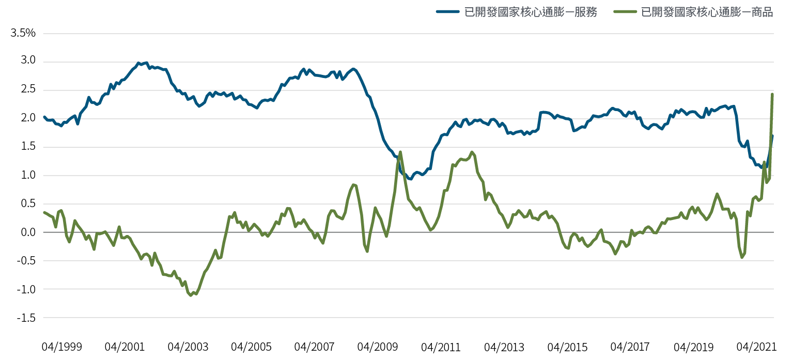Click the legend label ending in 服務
pos(531,12)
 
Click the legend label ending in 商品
pos(707,12)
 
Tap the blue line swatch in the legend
pos(447,12)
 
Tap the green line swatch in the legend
pos(623,12)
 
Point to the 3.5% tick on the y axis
pos(22,34)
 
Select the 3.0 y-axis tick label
pos(26,61)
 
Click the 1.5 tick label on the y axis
pos(26,147)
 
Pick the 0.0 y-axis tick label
pos(26,232)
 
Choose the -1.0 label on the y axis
pos(25,289)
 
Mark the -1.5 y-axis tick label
pos(25,318)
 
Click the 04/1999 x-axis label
pos(61,347)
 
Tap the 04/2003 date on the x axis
pos(189,347)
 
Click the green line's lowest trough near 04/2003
pos(191,295)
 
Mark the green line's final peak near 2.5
pos(772,93)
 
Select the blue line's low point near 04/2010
pos(410,179)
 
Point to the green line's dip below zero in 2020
pos(742,257)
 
